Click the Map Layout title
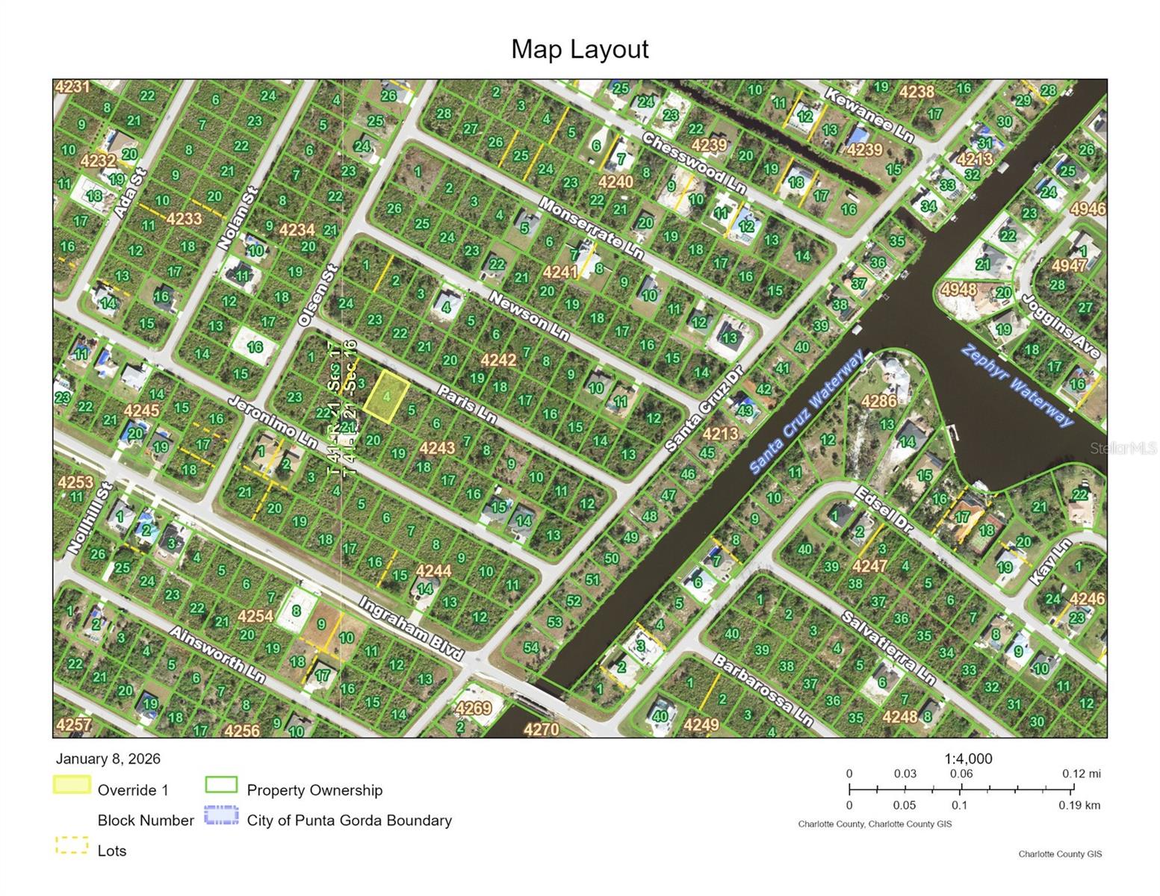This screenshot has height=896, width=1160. tap(580, 49)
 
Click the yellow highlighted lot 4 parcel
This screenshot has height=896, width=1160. tap(386, 394)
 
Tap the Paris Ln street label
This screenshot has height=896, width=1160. tap(467, 404)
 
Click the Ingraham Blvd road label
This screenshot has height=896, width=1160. tap(411, 628)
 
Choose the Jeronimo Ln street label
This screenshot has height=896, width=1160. tap(272, 422)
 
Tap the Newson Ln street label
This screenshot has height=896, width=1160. tap(529, 317)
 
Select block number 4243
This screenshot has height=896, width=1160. tap(437, 448)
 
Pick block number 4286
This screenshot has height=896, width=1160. tap(878, 401)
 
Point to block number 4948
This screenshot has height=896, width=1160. tap(959, 288)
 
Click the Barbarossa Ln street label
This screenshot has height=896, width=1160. tap(762, 691)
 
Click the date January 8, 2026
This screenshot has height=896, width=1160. tap(108, 759)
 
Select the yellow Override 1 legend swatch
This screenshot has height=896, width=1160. tap(72, 785)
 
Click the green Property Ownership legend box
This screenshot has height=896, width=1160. tap(221, 785)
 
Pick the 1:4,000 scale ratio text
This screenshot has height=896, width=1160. tap(968, 759)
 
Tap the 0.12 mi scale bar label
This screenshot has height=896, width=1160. tap(1081, 774)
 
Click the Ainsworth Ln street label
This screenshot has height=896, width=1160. tap(217, 653)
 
